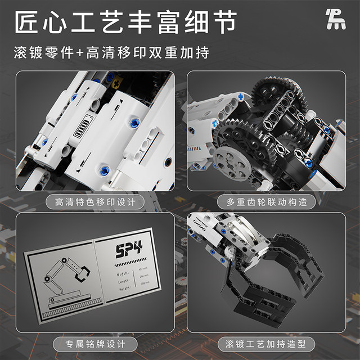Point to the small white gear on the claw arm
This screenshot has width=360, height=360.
[232, 254]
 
